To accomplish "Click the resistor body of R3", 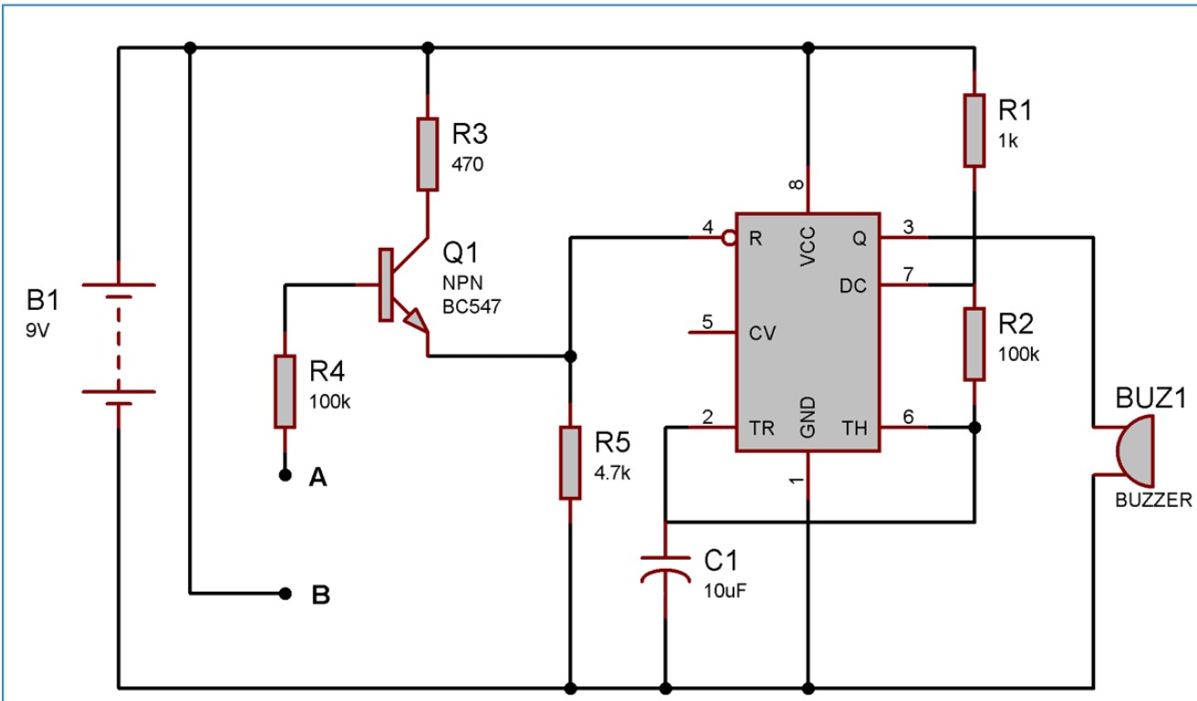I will (427, 154).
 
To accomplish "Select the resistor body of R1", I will (974, 130).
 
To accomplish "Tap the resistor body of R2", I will (974, 344).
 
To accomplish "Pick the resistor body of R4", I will (286, 392).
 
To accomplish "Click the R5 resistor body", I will (570, 462).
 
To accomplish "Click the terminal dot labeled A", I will (286, 475).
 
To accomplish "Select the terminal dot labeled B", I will (286, 594).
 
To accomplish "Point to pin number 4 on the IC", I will (707, 227).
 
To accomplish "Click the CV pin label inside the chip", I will (762, 333).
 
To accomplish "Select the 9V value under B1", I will (39, 329).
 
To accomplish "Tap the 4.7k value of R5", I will (613, 473).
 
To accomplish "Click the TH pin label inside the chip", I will (855, 428).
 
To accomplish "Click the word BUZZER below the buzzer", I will (1153, 500).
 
